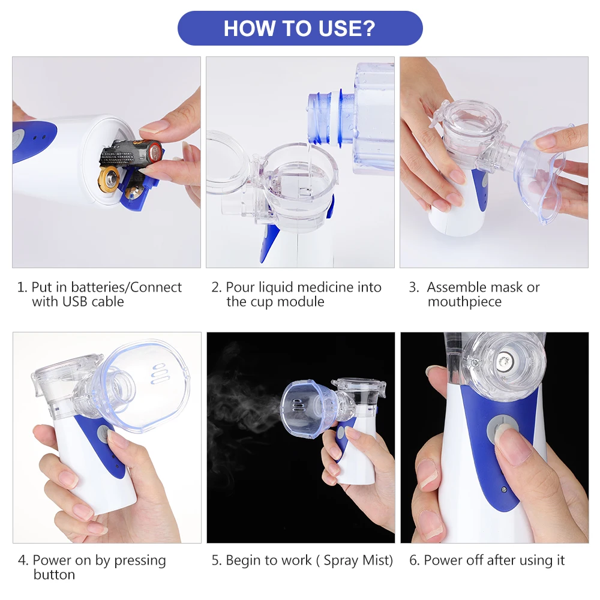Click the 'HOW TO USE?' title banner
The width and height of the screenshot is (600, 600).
coord(300,28)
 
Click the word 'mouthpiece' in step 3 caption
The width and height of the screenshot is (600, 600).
coord(464,302)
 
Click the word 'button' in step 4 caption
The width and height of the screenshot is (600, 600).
coord(54,575)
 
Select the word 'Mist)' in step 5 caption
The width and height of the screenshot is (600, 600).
coord(377,560)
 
